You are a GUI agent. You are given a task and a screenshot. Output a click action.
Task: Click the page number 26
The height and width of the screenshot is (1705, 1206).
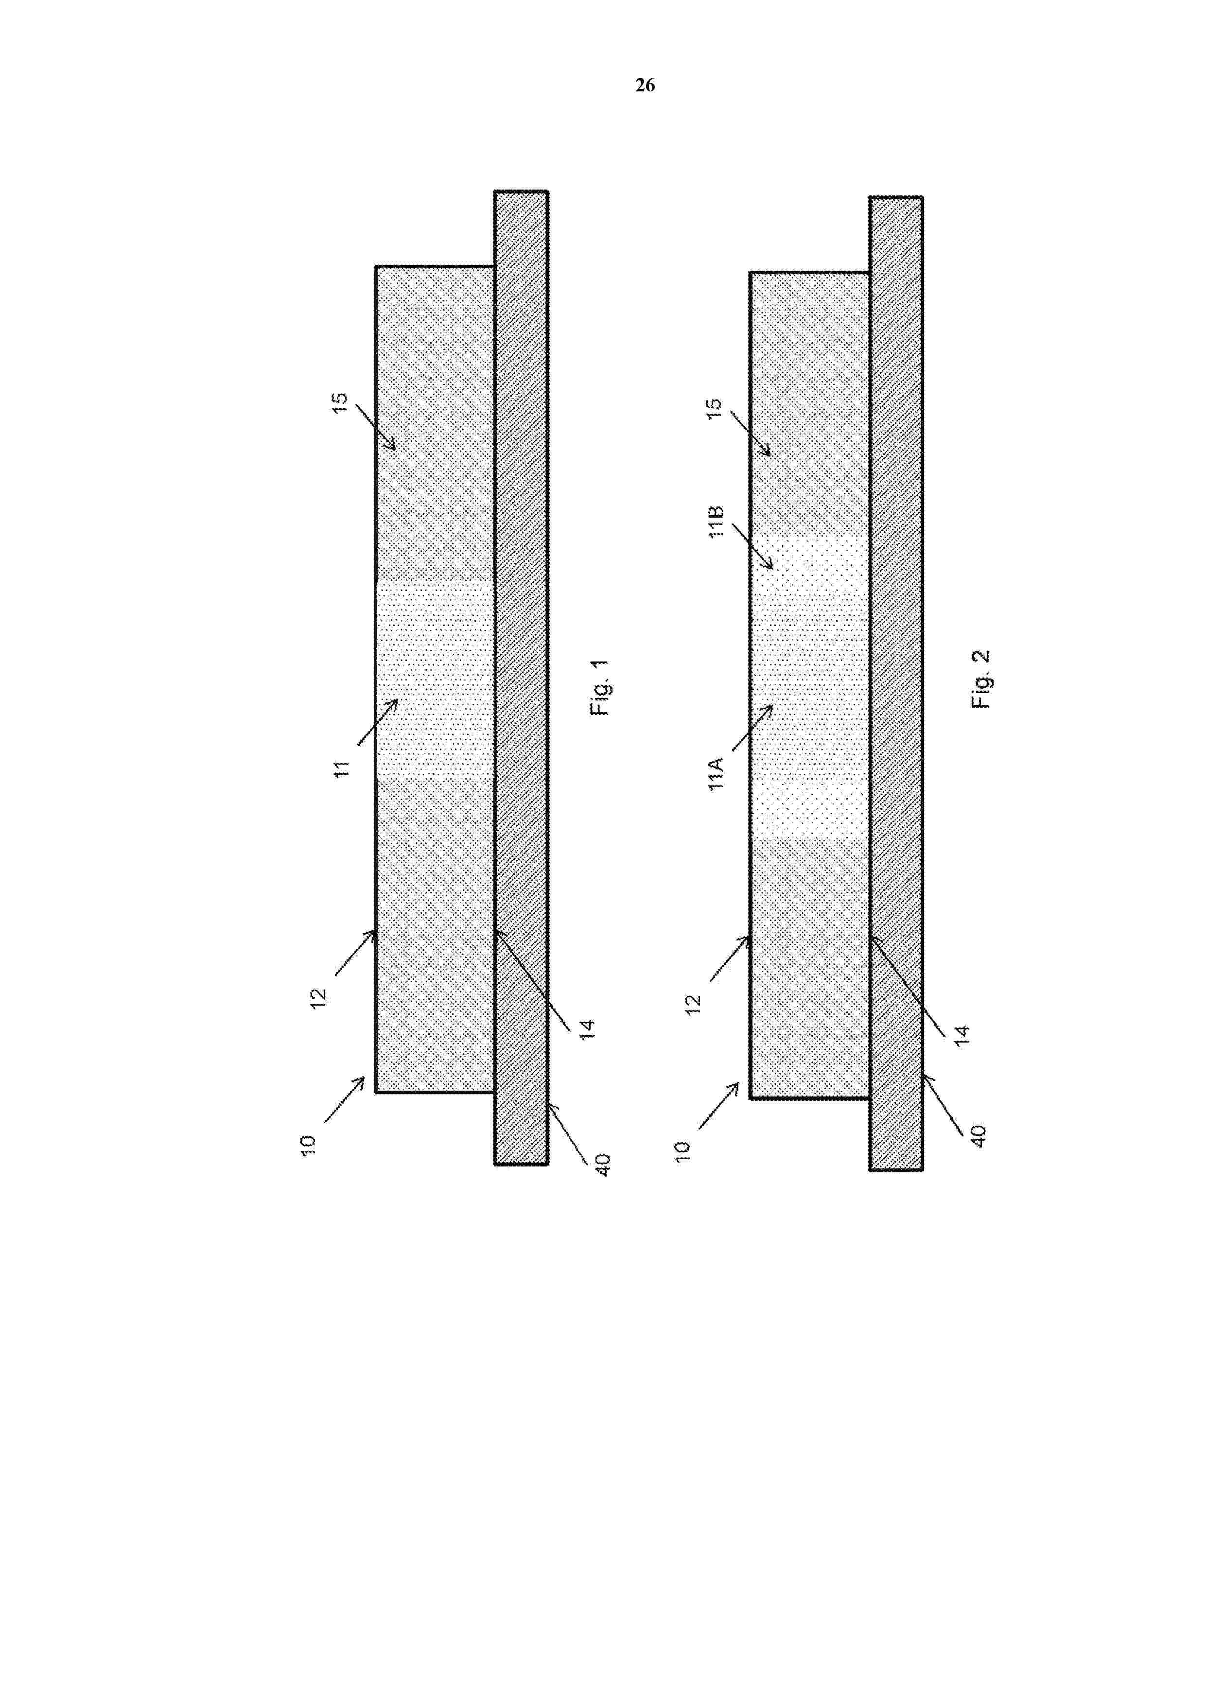645,86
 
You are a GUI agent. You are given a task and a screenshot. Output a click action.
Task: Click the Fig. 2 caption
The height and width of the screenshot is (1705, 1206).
980,679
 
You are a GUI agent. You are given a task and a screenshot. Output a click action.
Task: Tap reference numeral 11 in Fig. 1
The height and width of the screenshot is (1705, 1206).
342,768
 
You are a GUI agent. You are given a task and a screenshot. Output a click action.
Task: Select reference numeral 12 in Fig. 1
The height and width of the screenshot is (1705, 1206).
318,996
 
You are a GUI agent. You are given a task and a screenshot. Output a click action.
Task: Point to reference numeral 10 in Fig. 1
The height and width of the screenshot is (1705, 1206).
308,1144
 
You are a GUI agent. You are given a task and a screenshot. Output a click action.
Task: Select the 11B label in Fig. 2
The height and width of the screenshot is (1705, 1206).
717,522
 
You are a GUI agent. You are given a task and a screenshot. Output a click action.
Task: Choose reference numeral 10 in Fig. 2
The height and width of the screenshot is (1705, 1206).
683,1150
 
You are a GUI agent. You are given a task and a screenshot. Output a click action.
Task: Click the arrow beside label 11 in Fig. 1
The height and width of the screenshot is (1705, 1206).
379,721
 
